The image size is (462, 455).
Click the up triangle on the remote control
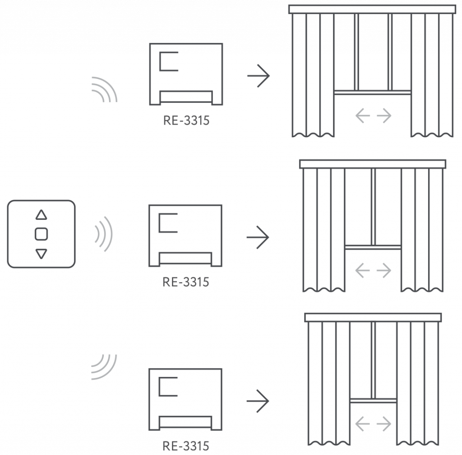point(41,215)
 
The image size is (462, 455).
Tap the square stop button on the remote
point(41,234)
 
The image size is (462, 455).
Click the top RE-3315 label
point(186,121)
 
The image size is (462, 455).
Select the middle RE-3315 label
point(186,282)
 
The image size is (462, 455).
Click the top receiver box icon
point(186,74)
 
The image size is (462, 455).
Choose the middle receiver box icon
point(186,236)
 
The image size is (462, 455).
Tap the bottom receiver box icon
point(186,399)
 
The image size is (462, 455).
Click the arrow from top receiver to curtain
point(259,75)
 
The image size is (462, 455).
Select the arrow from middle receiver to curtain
point(258,237)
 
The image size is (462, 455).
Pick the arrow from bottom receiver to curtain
point(258,400)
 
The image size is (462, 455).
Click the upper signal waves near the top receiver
point(105,89)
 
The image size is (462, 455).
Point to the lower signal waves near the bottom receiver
point(104,367)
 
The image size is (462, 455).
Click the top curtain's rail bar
point(372,9)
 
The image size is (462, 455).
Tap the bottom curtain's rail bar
point(373,317)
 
